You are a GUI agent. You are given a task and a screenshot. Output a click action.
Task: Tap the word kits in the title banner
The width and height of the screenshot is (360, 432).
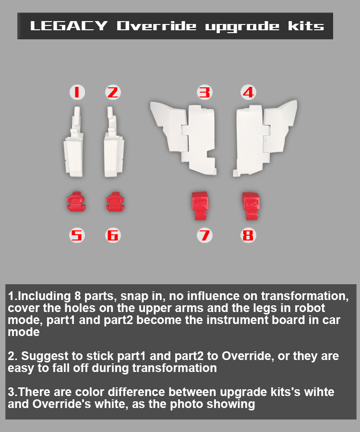(x=306, y=26)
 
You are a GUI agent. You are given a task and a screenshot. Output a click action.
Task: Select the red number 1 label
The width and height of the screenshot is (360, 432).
(x=77, y=92)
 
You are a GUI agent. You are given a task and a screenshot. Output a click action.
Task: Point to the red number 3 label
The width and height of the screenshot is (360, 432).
(x=205, y=92)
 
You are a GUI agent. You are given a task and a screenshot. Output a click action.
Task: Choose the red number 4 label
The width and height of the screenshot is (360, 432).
(x=248, y=92)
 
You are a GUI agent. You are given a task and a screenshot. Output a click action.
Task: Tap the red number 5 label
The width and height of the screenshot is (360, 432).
(x=77, y=235)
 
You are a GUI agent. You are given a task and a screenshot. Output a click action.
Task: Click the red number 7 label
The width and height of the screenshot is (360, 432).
(x=205, y=235)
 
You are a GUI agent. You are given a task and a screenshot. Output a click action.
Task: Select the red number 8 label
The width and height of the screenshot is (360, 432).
(x=248, y=235)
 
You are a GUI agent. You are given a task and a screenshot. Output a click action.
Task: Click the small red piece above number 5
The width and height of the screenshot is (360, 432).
(x=76, y=201)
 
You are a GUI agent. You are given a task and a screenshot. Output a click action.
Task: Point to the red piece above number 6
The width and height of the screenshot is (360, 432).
(x=114, y=201)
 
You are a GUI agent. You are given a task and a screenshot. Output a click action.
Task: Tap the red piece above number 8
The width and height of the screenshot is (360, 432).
(x=251, y=204)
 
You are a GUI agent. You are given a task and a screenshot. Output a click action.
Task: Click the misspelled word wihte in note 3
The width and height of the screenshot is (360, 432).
(x=319, y=392)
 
